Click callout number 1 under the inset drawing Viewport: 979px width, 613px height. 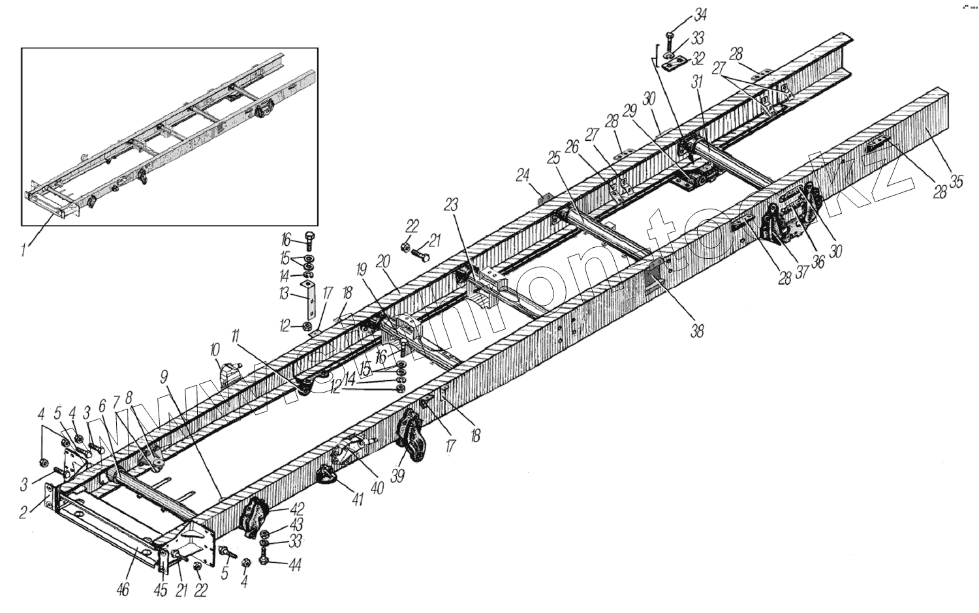coord(25,249)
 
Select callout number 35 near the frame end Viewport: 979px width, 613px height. coord(956,182)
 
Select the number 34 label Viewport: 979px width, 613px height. coord(683,14)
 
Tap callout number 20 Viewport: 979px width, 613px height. coord(382,260)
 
